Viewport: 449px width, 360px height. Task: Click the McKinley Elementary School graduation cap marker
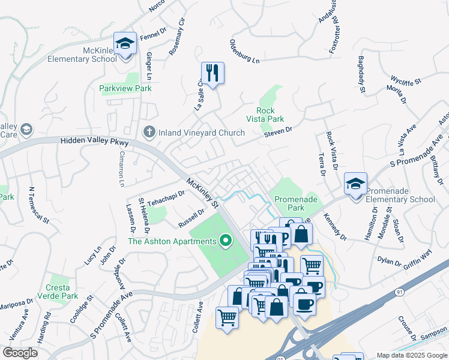click(125, 43)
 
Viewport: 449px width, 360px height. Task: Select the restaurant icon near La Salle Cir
click(212, 73)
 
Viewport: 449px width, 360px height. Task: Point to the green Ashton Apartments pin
click(226, 241)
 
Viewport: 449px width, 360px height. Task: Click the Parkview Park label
click(125, 88)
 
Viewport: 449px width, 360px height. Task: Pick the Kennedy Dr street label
click(335, 226)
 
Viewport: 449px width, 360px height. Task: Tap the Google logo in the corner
click(20, 353)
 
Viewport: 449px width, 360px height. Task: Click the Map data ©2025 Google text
click(412, 355)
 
